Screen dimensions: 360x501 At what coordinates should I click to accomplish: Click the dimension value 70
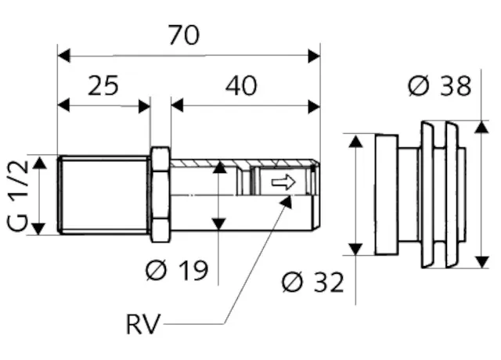point(184,35)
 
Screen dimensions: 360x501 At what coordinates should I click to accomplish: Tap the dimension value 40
point(242,85)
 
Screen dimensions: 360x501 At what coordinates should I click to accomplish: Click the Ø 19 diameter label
point(177,271)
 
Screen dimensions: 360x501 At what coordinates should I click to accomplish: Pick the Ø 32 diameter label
point(312,282)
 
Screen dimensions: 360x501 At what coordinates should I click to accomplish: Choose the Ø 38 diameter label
point(440,86)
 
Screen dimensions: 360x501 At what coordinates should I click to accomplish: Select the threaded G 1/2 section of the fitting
point(103,194)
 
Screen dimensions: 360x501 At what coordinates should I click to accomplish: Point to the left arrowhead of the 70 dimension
point(65,56)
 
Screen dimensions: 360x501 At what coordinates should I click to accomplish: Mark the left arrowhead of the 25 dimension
point(65,106)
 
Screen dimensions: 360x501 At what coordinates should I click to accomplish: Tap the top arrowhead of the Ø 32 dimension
point(356,142)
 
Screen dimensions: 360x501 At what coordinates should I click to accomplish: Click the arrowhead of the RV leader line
point(287,200)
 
